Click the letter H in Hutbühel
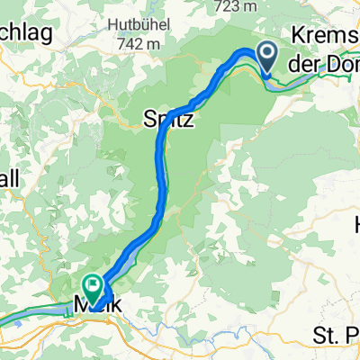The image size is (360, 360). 111,22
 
